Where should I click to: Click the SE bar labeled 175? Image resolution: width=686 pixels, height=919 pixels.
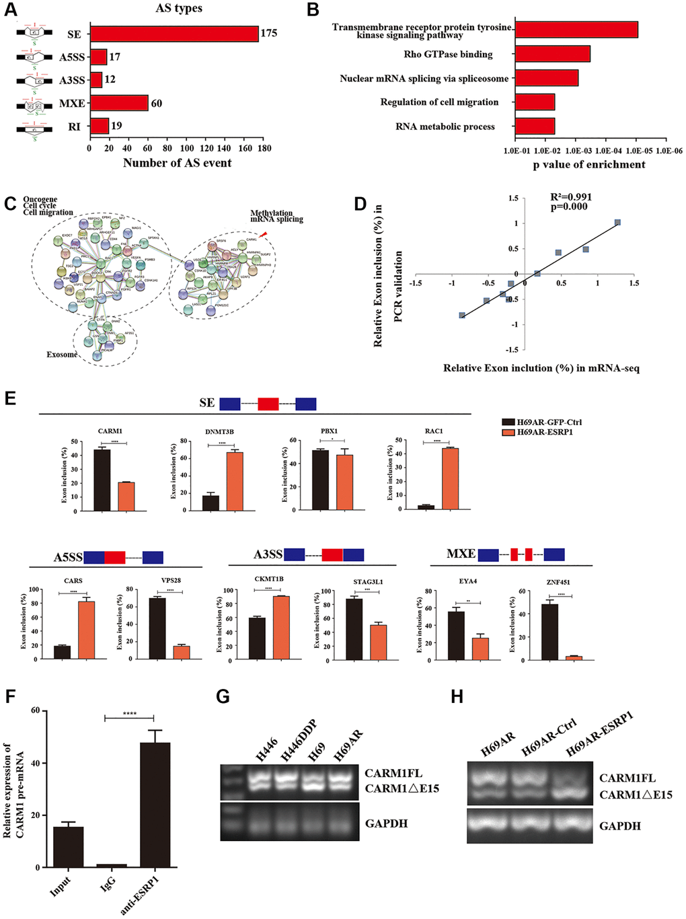pyautogui.click(x=174, y=34)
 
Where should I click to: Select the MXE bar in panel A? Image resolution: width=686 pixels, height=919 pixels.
pyautogui.click(x=119, y=103)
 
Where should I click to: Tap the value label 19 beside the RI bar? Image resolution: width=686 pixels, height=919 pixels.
pyautogui.click(x=116, y=126)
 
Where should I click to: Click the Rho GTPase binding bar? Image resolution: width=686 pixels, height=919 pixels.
pyautogui.click(x=552, y=54)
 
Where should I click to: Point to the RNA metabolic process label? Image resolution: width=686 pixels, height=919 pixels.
pyautogui.click(x=445, y=126)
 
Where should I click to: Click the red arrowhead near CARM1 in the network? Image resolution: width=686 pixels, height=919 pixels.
pyautogui.click(x=264, y=234)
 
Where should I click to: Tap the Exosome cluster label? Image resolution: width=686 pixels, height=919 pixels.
pyautogui.click(x=62, y=355)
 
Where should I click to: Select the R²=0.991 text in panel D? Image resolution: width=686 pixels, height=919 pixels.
pyautogui.click(x=572, y=197)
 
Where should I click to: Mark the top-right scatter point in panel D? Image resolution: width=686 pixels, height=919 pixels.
pyautogui.click(x=617, y=222)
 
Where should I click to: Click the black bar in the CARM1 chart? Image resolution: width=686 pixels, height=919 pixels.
pyautogui.click(x=102, y=480)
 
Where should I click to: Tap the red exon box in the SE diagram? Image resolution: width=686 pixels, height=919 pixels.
pyautogui.click(x=268, y=404)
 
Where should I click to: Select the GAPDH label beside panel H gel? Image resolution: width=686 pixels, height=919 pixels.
pyautogui.click(x=620, y=825)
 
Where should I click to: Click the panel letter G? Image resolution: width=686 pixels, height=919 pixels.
pyautogui.click(x=223, y=696)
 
